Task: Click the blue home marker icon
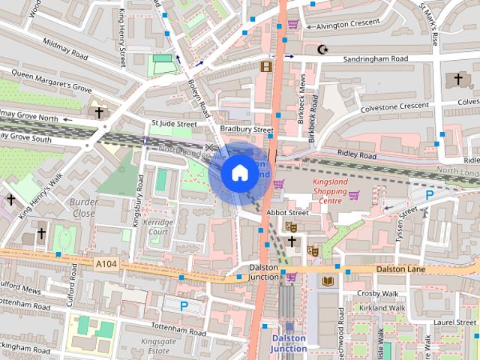tap(239, 173)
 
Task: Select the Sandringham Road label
tap(375, 58)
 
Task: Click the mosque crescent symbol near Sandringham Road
tap(323, 50)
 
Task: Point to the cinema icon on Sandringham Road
tap(265, 67)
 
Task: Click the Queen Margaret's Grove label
tap(51, 80)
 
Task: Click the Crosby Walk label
tap(377, 293)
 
